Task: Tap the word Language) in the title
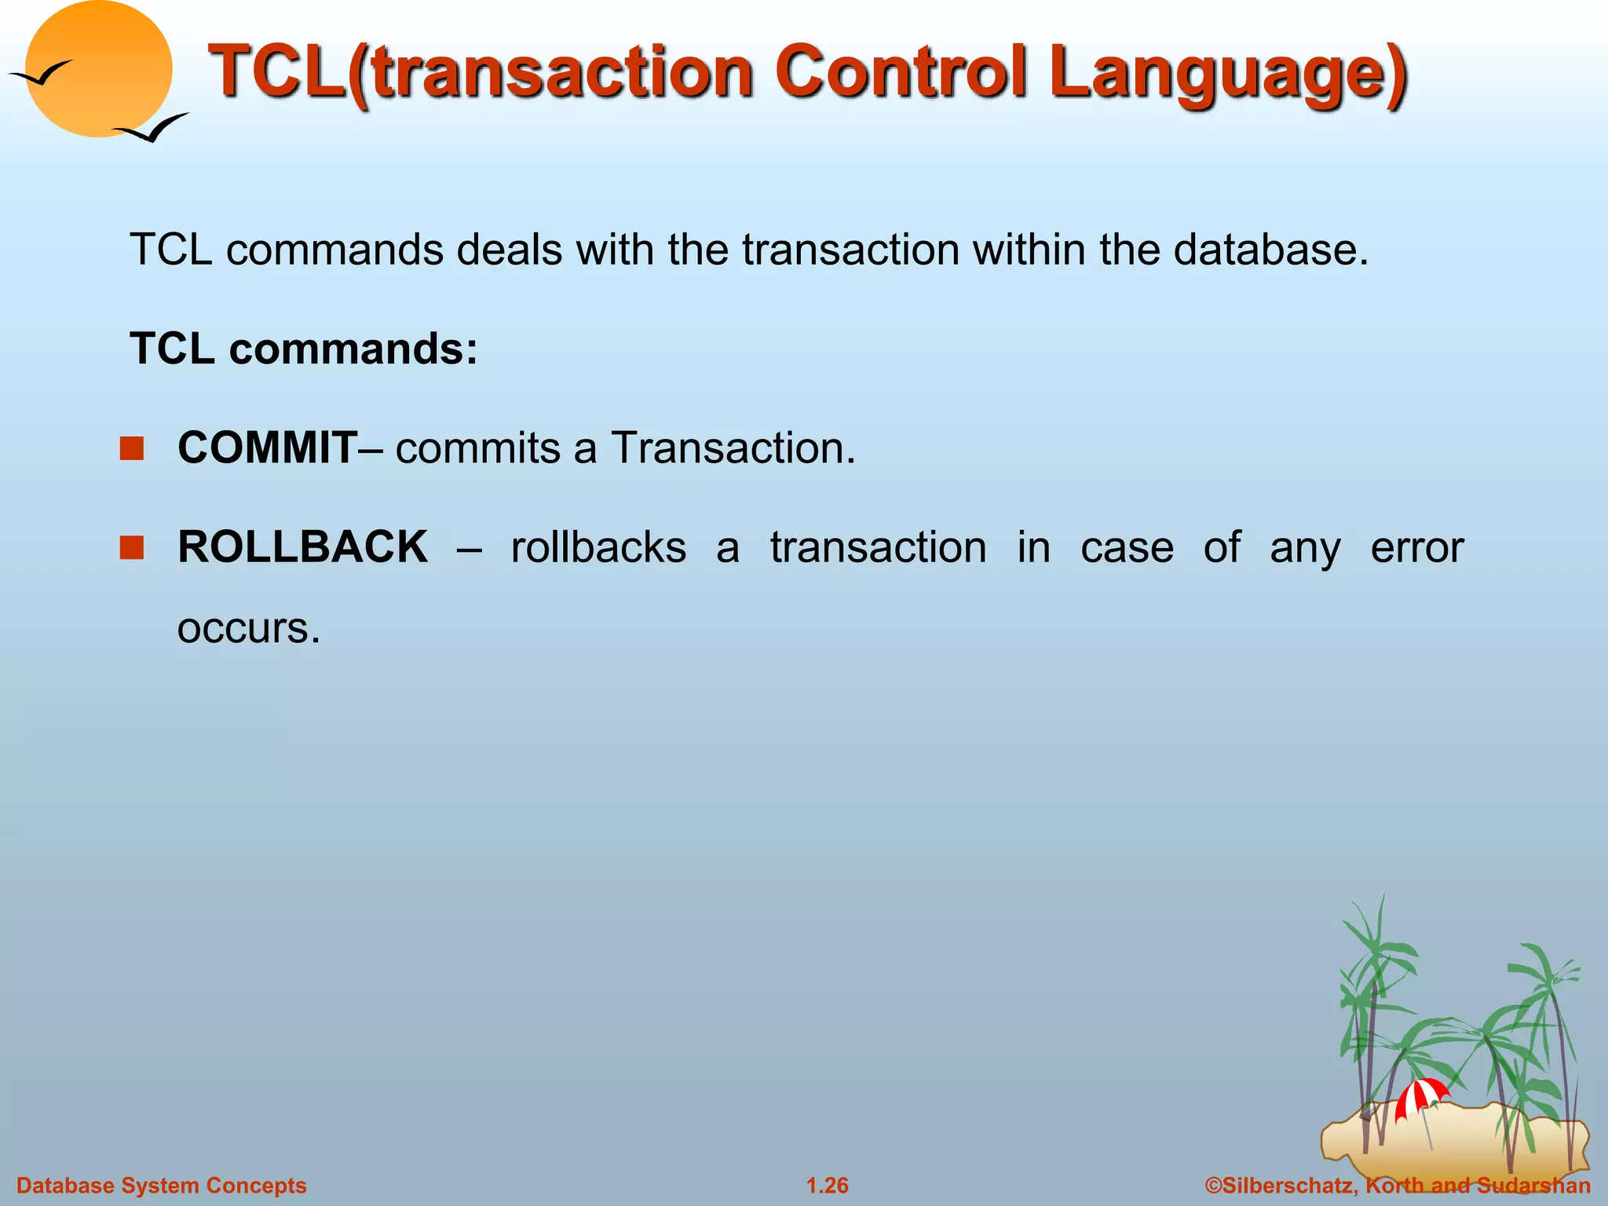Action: coord(1228,75)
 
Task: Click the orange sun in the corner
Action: coord(100,69)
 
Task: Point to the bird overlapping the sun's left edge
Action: coord(41,75)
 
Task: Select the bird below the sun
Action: coord(152,129)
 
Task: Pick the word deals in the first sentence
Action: coord(510,250)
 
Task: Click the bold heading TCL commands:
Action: coord(304,349)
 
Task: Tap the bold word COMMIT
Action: coord(268,448)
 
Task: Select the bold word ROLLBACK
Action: coord(303,546)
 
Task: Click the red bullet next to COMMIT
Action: coord(132,448)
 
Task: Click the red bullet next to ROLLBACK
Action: coord(132,547)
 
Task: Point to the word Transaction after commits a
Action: coord(733,448)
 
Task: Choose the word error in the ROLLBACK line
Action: coord(1416,547)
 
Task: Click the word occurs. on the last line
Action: coord(249,628)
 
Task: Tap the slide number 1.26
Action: coord(828,1186)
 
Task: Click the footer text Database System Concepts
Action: coord(162,1186)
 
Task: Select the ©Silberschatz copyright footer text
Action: coord(1398,1186)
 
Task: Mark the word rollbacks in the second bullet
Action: coord(598,547)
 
